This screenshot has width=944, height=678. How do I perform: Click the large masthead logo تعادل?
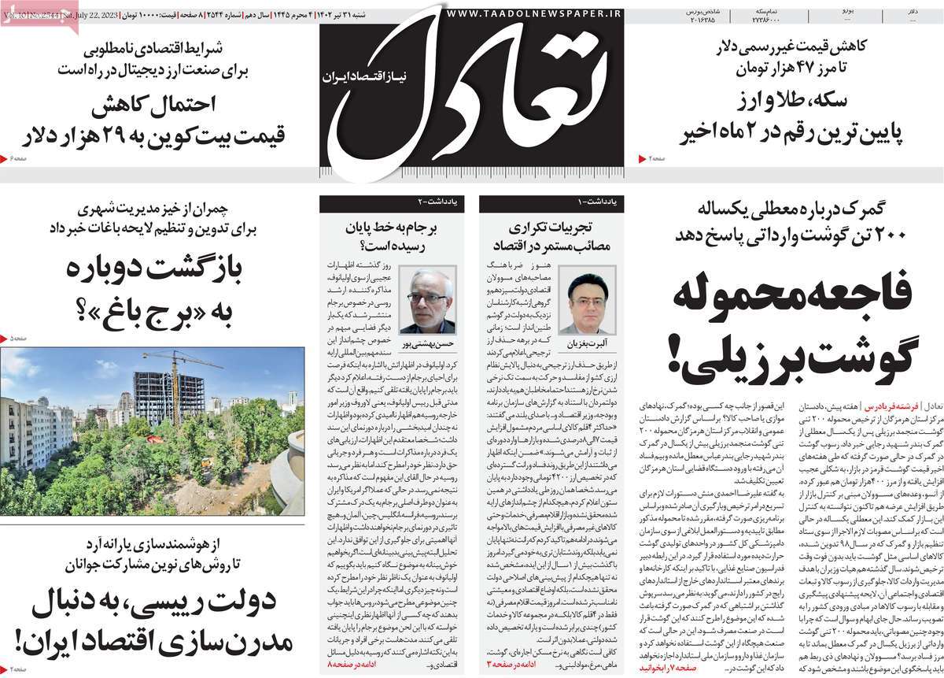(x=472, y=94)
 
